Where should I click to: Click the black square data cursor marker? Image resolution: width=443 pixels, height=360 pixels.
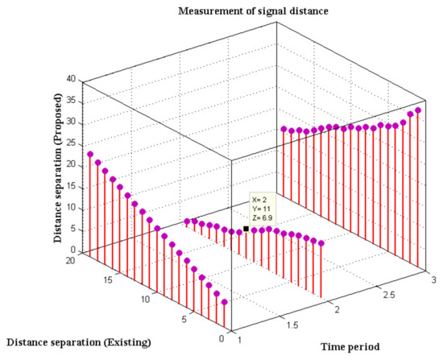click(246, 229)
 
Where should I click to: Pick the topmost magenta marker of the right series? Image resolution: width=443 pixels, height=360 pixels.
click(418, 110)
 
